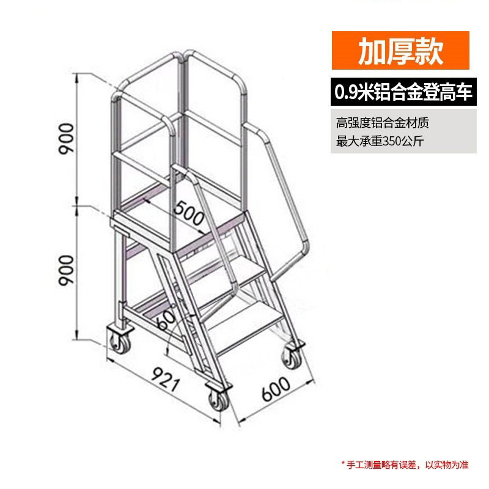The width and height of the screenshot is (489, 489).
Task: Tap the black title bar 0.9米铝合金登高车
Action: point(403,93)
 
